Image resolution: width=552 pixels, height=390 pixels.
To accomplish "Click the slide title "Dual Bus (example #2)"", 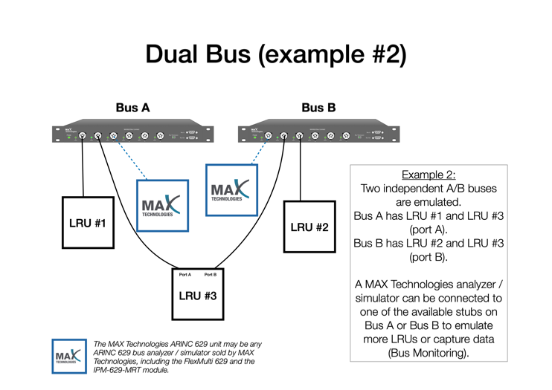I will click(x=276, y=55).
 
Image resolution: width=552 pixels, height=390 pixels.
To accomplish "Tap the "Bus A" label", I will click(x=132, y=108).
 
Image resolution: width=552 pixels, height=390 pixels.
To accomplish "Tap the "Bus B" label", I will click(x=318, y=108).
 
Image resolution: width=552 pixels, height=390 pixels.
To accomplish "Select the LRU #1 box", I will click(x=88, y=222).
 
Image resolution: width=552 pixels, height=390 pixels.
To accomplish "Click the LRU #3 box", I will click(x=197, y=294).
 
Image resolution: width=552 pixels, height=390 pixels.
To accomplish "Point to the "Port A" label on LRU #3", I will click(x=185, y=275).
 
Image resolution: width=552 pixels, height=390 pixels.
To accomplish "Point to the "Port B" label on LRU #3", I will click(x=211, y=275).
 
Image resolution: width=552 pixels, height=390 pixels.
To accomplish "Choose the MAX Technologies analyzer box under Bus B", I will click(x=231, y=190).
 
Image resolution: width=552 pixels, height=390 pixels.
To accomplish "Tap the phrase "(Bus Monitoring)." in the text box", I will click(x=429, y=352).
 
